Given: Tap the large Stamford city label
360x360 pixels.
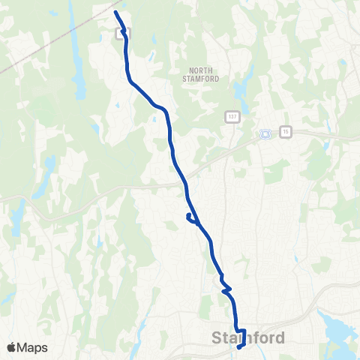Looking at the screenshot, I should (x=246, y=338).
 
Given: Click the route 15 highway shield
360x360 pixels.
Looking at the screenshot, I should (x=285, y=132).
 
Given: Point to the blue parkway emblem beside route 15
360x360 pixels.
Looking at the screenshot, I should (x=264, y=134).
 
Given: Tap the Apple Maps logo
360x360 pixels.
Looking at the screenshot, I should (x=27, y=347).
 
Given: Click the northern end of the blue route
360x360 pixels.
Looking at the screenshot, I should (x=115, y=13).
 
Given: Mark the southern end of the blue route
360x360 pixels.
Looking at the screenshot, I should (x=239, y=347).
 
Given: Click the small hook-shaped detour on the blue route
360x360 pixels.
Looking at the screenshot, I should (x=190, y=218).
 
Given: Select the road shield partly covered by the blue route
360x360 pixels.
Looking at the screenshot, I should (x=121, y=32).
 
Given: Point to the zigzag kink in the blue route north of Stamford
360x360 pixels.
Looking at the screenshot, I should (x=226, y=286).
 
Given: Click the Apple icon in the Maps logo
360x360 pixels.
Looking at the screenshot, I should (x=11, y=347).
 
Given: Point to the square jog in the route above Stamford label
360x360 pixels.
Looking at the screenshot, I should (x=241, y=330).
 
